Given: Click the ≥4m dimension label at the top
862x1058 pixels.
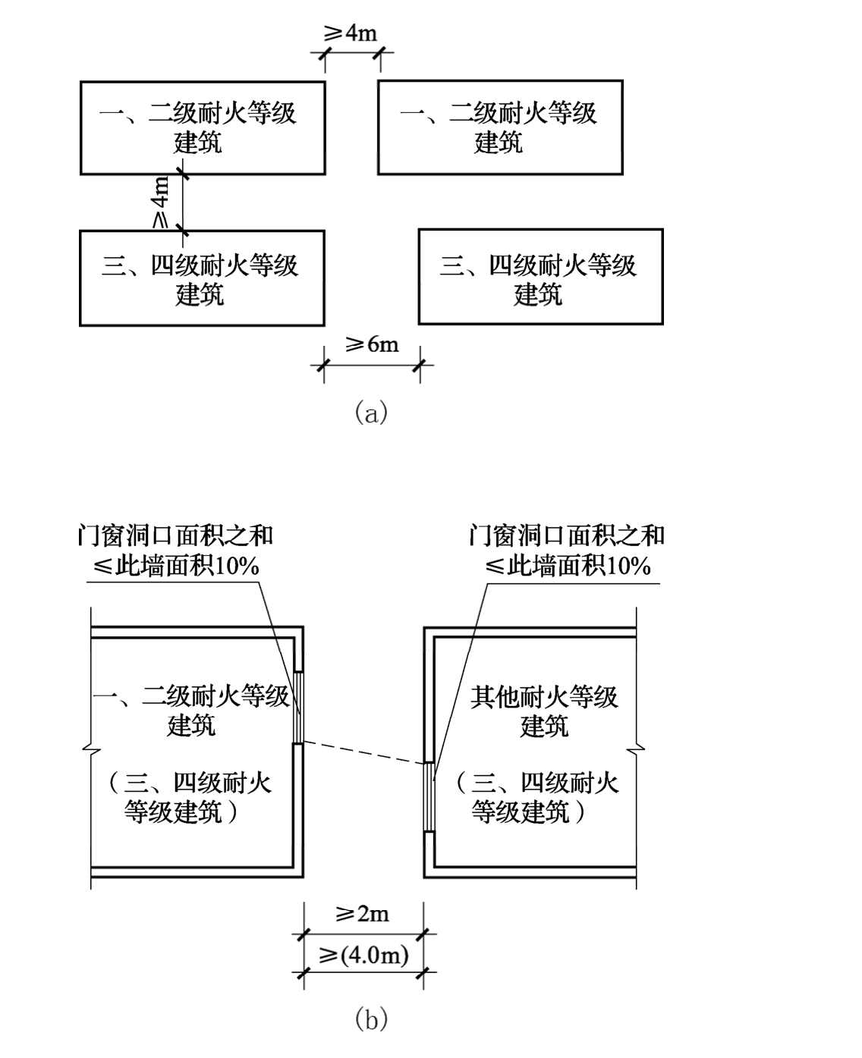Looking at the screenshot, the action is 351,33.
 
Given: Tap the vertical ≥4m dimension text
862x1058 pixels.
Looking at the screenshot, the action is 161,202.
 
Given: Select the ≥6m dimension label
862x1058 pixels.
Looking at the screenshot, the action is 372,344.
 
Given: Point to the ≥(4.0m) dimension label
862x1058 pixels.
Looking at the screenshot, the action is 363,954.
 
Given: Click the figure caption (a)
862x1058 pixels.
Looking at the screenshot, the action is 371,413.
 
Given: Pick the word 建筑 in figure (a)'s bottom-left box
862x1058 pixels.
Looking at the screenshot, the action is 200,294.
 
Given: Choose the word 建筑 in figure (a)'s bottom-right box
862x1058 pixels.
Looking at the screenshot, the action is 538,294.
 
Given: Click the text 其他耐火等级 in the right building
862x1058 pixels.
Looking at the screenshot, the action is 545,697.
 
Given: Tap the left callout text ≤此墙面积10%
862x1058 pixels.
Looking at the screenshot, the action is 176,566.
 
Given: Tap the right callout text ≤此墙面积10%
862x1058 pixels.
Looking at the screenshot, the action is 568,566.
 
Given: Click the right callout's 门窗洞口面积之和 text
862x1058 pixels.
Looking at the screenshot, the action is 567,535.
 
